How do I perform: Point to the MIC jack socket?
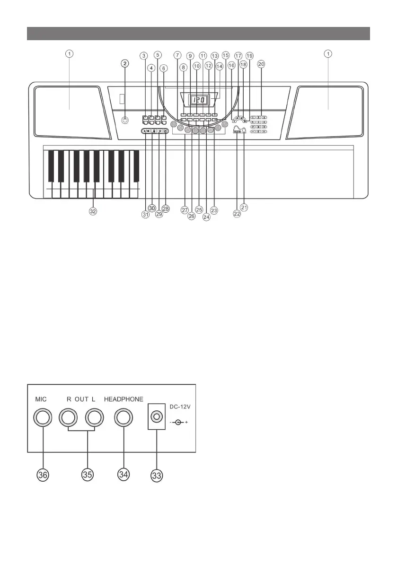[43, 418]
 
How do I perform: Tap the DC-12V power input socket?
[156, 416]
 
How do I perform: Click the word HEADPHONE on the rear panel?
[124, 399]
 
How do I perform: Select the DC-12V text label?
[180, 407]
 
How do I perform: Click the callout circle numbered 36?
[43, 475]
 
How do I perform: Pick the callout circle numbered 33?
[157, 476]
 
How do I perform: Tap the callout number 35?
[87, 475]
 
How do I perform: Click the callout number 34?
[124, 475]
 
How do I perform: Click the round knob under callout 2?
[125, 120]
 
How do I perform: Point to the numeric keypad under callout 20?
[259, 124]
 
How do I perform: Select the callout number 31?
[145, 214]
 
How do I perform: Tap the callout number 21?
[244, 207]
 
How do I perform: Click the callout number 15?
[225, 55]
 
